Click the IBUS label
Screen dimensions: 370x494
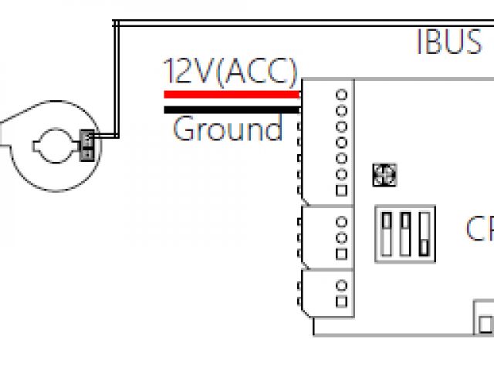pyautogui.click(x=449, y=42)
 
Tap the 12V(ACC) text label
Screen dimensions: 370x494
pyautogui.click(x=230, y=72)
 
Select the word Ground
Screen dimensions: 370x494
pyautogui.click(x=228, y=129)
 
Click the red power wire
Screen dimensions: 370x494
pyautogui.click(x=232, y=95)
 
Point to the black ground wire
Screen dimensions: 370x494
pyautogui.click(x=232, y=109)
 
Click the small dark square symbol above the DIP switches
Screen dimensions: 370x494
pyautogui.click(x=384, y=176)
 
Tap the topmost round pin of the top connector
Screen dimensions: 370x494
pyautogui.click(x=341, y=94)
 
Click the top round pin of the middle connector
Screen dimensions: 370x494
pyautogui.click(x=341, y=222)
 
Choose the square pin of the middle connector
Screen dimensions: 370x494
pyautogui.click(x=341, y=253)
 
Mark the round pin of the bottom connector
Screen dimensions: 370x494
pyautogui.click(x=341, y=287)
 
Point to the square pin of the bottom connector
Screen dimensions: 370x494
pyautogui.click(x=341, y=302)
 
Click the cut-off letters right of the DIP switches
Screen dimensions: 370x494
pyautogui.click(x=479, y=229)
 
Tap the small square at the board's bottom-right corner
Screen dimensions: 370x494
pyautogui.click(x=485, y=321)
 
